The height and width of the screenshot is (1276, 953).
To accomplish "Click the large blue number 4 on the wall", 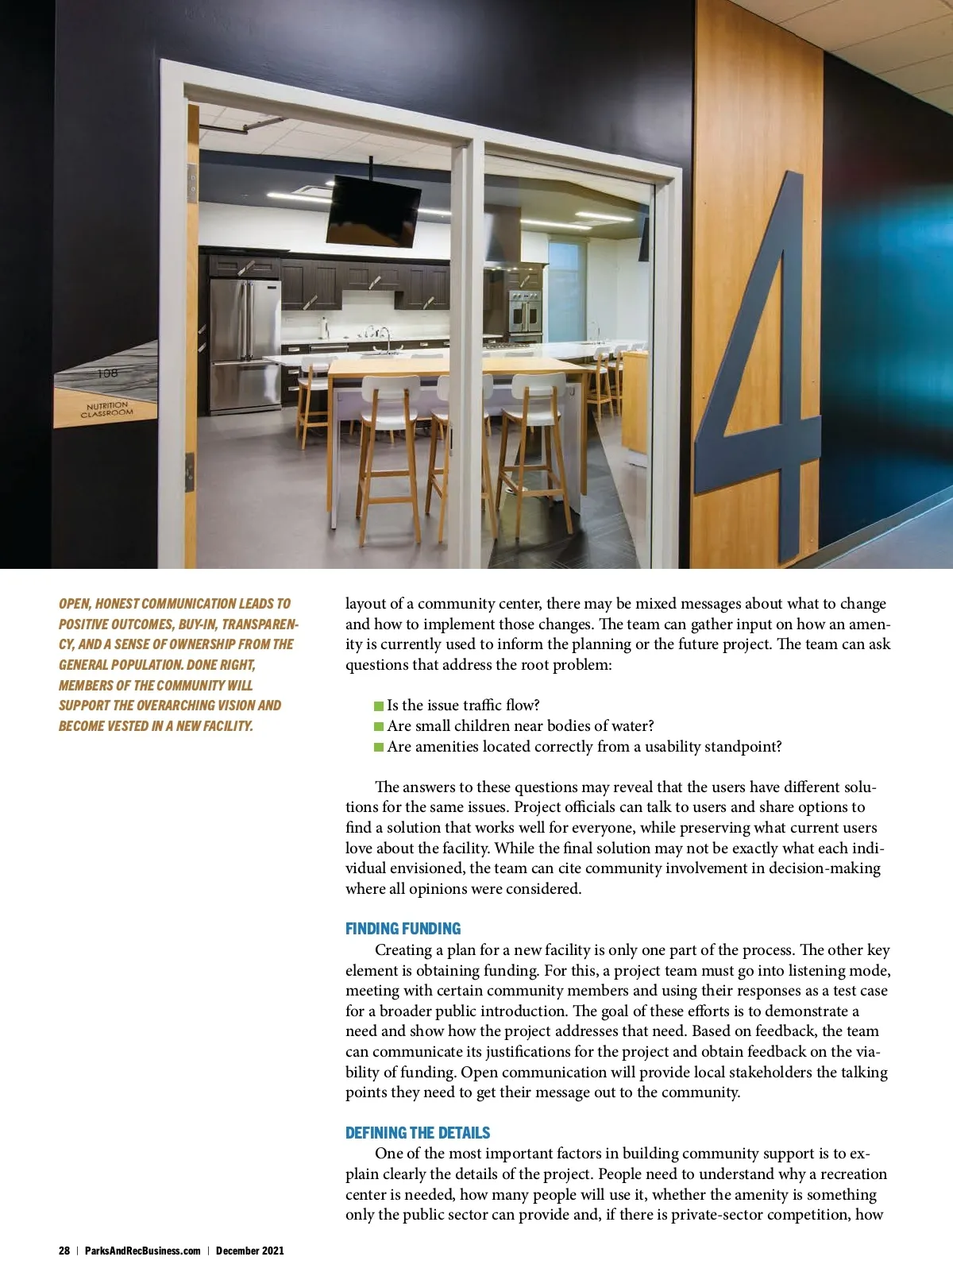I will pos(762,381).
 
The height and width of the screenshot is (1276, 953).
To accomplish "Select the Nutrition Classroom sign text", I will pos(107,410).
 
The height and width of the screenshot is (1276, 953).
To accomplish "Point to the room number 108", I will pos(107,373).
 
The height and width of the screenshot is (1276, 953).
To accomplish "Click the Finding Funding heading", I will pos(403,929).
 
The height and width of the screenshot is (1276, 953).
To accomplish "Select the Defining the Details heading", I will pos(418,1133).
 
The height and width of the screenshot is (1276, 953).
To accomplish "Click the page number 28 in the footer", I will pos(64,1251).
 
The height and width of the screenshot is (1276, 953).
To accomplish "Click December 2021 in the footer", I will pos(249,1251).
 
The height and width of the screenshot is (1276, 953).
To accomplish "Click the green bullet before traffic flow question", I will pos(379,706).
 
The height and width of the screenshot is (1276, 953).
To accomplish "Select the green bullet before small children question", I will pos(379,726).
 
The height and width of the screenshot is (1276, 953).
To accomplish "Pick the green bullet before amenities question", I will pos(379,747).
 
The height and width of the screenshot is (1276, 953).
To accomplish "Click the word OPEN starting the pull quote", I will pos(74,604).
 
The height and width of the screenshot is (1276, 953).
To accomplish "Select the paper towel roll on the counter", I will pos(324,327).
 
